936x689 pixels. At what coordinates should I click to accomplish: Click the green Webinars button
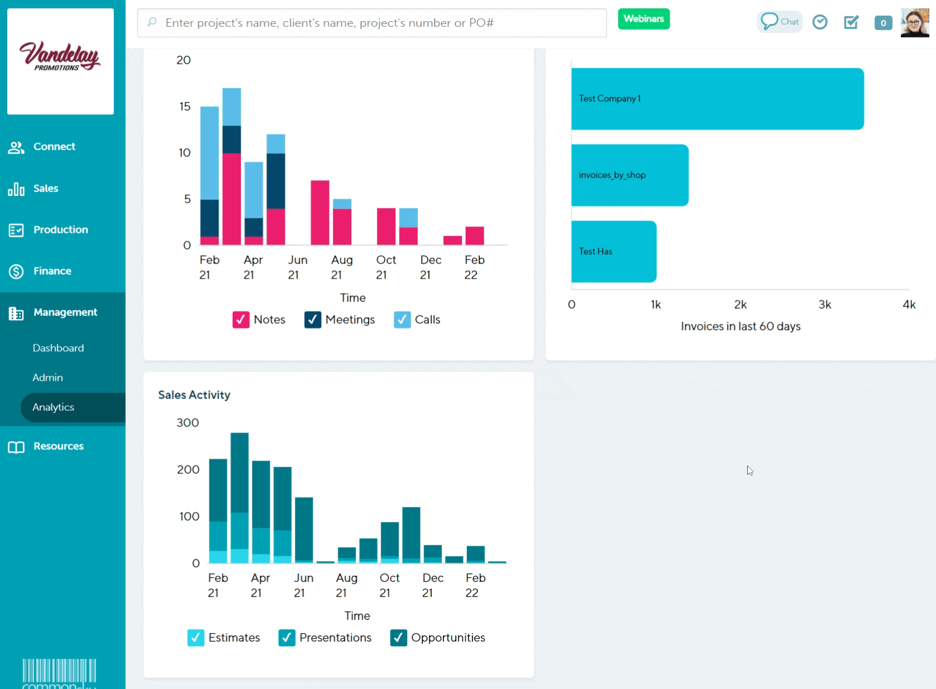coord(643,19)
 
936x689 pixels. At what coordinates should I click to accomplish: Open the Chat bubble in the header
coord(780,22)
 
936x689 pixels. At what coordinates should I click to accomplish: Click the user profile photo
coord(915,23)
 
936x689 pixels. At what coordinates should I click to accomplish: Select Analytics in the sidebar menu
coord(54,407)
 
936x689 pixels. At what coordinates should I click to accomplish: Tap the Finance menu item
coord(52,271)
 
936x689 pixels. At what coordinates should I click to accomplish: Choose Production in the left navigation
coord(60,229)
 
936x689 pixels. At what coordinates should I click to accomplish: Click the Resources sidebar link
coord(58,446)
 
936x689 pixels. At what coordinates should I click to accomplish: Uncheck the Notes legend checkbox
coord(241,320)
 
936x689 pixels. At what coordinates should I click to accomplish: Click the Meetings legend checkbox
coord(313,320)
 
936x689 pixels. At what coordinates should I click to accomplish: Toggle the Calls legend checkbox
coord(402,320)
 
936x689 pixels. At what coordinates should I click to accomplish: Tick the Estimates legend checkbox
coord(196,638)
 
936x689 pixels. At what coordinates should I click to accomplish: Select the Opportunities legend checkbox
coord(399,638)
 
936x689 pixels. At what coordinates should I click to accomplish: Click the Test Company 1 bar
coord(717,99)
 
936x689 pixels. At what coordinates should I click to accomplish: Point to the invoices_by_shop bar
coord(629,175)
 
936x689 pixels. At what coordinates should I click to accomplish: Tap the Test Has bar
coord(613,252)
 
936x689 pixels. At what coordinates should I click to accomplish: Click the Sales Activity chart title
coord(194,395)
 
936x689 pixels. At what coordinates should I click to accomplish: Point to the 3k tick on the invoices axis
coord(824,304)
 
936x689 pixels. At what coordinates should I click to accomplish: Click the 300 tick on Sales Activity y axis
coord(188,423)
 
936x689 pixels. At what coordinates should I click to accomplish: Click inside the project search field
coord(372,23)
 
